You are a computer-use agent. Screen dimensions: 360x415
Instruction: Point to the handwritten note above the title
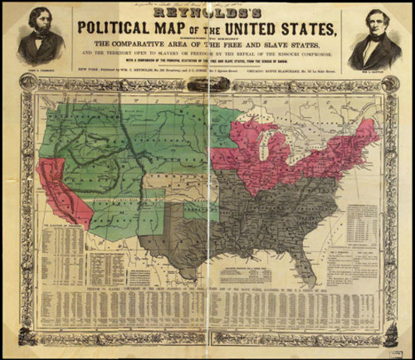click(x=195, y=4)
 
